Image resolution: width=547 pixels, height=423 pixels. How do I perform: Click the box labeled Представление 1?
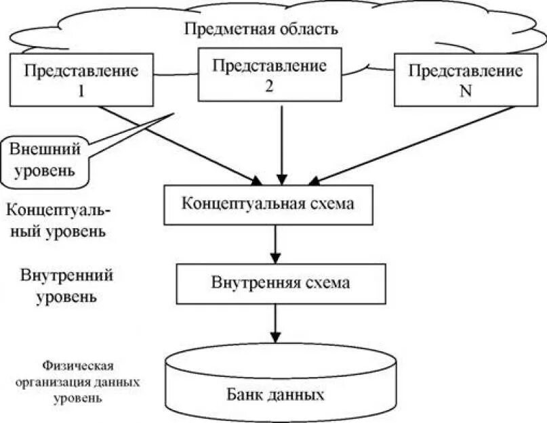coord(81,79)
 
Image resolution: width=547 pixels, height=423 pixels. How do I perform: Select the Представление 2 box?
coord(269,76)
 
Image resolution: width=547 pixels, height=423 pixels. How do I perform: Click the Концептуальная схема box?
coord(268,204)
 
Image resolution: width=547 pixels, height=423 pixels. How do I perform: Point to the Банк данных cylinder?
coord(281,382)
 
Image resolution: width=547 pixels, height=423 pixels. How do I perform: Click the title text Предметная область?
coord(261,30)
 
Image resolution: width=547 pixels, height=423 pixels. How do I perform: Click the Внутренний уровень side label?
coord(66,286)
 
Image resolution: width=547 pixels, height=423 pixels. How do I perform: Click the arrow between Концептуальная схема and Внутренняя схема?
coord(275,244)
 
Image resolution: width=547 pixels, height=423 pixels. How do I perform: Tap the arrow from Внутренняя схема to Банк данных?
coord(275,324)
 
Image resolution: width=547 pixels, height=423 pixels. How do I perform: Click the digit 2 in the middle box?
coord(269,86)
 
